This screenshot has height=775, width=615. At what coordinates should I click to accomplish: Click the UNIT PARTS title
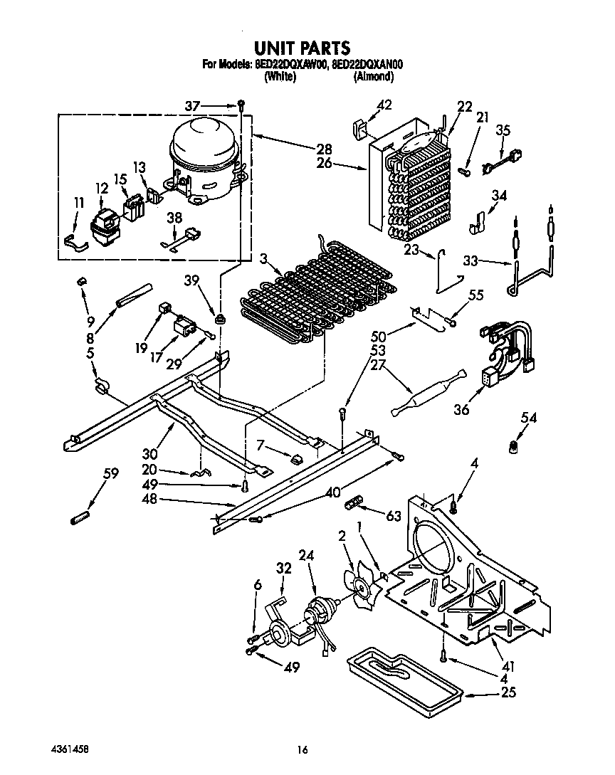(302, 48)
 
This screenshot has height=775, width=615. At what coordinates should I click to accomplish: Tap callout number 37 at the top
(192, 105)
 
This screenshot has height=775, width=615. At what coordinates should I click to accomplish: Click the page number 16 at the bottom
(303, 749)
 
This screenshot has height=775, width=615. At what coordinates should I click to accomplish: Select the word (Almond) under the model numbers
(373, 75)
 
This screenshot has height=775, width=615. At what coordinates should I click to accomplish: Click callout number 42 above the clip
(384, 106)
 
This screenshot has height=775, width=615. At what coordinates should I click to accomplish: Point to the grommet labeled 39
(220, 317)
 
